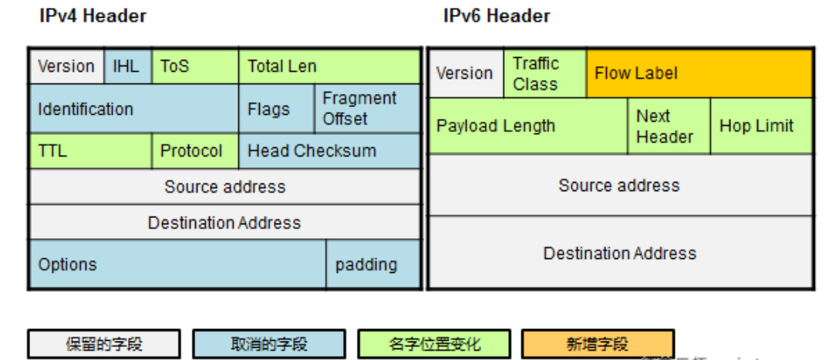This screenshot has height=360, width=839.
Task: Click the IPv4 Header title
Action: click(93, 15)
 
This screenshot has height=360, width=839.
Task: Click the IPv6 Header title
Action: click(497, 15)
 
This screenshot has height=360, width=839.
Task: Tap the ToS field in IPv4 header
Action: click(195, 66)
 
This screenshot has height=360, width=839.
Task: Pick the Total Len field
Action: click(330, 66)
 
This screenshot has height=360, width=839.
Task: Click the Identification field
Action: click(134, 109)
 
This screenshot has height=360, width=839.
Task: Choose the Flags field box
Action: click(276, 109)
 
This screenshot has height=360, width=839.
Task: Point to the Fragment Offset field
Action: click(368, 109)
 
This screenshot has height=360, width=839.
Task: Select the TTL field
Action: click(90, 151)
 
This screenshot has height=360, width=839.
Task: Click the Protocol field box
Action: click(195, 151)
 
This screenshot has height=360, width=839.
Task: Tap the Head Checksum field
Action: click(330, 151)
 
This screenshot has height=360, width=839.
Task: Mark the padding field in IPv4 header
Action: click(373, 264)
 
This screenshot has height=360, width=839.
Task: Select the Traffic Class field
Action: click(544, 74)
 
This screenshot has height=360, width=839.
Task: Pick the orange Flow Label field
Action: click(699, 74)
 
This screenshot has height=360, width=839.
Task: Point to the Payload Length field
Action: click(527, 126)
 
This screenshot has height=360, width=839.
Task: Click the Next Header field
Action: click(669, 126)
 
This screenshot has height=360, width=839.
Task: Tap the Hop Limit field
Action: click(761, 126)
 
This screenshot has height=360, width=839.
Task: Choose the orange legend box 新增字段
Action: click(598, 344)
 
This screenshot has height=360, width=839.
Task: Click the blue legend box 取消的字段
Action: click(268, 344)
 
